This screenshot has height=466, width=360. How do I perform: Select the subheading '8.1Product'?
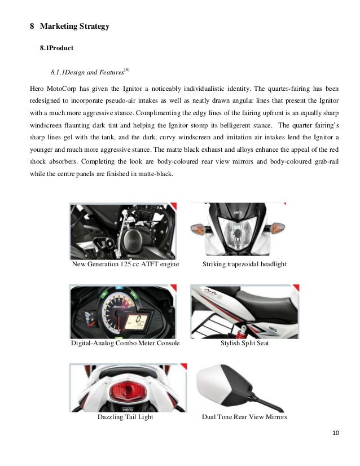coord(56,49)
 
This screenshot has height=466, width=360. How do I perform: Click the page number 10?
coord(336,433)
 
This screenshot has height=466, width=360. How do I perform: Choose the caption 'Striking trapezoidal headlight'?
coord(244,265)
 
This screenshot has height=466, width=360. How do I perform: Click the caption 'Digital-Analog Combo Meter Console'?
coord(125,343)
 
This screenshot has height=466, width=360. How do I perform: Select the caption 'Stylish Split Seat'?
coord(244,343)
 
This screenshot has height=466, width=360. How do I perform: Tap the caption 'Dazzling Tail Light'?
coord(125,418)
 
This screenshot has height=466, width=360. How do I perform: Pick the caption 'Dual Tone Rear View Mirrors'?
coord(244,418)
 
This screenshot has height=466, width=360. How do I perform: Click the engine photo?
coord(122,231)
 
